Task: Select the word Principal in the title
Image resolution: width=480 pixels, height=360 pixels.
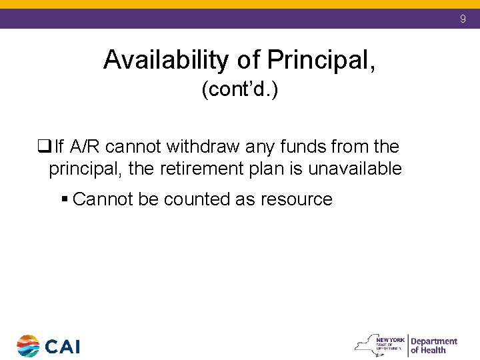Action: click(321, 61)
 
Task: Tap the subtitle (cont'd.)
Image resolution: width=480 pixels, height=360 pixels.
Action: click(240, 90)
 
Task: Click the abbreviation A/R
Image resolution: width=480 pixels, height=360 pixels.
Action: click(85, 146)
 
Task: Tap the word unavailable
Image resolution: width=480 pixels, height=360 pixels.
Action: click(355, 169)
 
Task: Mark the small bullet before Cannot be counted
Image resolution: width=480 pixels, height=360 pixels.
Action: click(64, 199)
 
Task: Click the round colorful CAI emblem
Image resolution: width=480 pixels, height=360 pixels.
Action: click(28, 346)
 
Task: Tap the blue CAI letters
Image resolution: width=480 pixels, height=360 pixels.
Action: click(63, 347)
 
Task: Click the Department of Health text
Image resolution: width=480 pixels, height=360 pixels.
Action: click(433, 345)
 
